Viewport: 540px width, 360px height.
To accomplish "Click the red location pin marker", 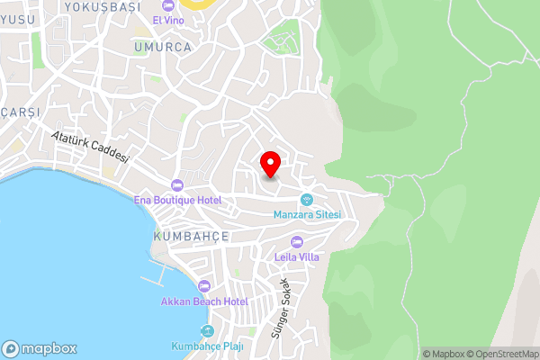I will [x=270, y=164].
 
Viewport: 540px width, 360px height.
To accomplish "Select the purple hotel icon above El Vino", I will [x=167, y=6].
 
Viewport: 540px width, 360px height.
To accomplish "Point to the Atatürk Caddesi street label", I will [x=91, y=148].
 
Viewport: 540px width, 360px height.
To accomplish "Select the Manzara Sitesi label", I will [x=306, y=214].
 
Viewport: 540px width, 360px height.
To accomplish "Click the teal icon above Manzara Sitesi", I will [x=306, y=199].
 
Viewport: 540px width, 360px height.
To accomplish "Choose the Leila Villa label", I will [x=297, y=256].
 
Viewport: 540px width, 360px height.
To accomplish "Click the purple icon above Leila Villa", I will [x=297, y=241].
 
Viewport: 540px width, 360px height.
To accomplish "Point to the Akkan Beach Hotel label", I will [x=204, y=301].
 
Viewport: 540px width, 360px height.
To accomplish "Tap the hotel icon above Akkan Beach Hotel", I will [x=204, y=286].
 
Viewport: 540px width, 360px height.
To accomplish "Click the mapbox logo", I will [x=40, y=348].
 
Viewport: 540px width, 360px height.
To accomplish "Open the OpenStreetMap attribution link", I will [x=503, y=354].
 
